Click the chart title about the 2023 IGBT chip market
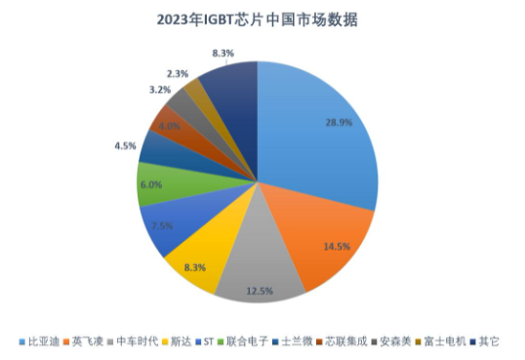coord(262,19)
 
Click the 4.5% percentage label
coord(124,146)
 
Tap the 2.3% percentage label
coord(178,73)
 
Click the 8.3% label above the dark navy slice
coord(222,54)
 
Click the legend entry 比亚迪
coord(39,341)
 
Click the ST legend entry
coord(207,341)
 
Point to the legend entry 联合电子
coord(246,341)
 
